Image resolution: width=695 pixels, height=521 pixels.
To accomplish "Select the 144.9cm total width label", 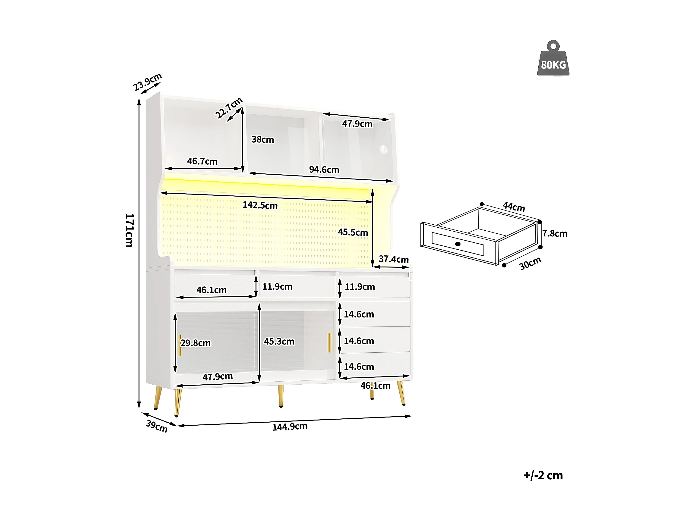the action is pyautogui.click(x=290, y=427).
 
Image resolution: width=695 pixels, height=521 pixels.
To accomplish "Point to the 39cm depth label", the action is pyautogui.click(x=156, y=426).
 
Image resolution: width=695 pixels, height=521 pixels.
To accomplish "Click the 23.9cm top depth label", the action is pyautogui.click(x=147, y=82).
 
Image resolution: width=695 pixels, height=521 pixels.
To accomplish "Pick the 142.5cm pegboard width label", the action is pyautogui.click(x=260, y=205).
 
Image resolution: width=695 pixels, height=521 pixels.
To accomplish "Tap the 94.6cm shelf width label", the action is pyautogui.click(x=324, y=169).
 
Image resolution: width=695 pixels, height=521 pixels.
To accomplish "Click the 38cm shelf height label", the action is pyautogui.click(x=263, y=139).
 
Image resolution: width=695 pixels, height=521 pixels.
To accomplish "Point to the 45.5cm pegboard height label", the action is pyautogui.click(x=353, y=232).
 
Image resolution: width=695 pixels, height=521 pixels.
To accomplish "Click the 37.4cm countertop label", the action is pyautogui.click(x=393, y=259).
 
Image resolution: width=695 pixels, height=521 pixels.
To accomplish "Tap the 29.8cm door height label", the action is pyautogui.click(x=196, y=343).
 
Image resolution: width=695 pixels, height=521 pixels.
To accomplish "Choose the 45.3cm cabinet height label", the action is pyautogui.click(x=279, y=341).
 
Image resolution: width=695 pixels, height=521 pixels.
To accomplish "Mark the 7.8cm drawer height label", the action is pyautogui.click(x=555, y=233).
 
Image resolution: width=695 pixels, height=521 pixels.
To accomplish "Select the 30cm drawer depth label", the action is pyautogui.click(x=530, y=263).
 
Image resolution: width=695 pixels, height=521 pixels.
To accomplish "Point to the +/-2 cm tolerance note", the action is pyautogui.click(x=543, y=475).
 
